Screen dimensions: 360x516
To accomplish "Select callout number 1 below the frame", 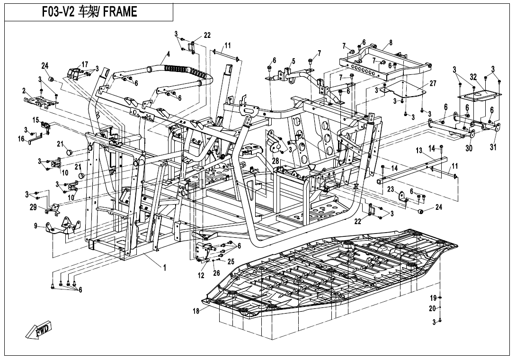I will tap(165, 268).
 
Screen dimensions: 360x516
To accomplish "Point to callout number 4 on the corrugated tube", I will tap(167, 54).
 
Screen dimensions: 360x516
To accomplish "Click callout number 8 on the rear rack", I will tap(391, 43).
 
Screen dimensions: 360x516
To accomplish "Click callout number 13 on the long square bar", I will tap(418, 150).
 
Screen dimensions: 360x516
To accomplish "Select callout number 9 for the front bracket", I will tap(36, 226).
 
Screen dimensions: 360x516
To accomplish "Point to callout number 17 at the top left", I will tap(85, 64).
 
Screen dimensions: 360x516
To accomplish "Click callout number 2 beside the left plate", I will tap(24, 90).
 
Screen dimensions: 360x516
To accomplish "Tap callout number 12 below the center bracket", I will tap(201, 275).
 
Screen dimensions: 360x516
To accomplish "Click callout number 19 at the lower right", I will tap(433, 297).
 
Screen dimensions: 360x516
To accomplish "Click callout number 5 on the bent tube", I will tap(293, 61).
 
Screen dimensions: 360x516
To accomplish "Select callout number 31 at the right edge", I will tap(493, 147).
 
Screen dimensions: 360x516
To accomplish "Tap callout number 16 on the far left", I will tap(21, 138).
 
